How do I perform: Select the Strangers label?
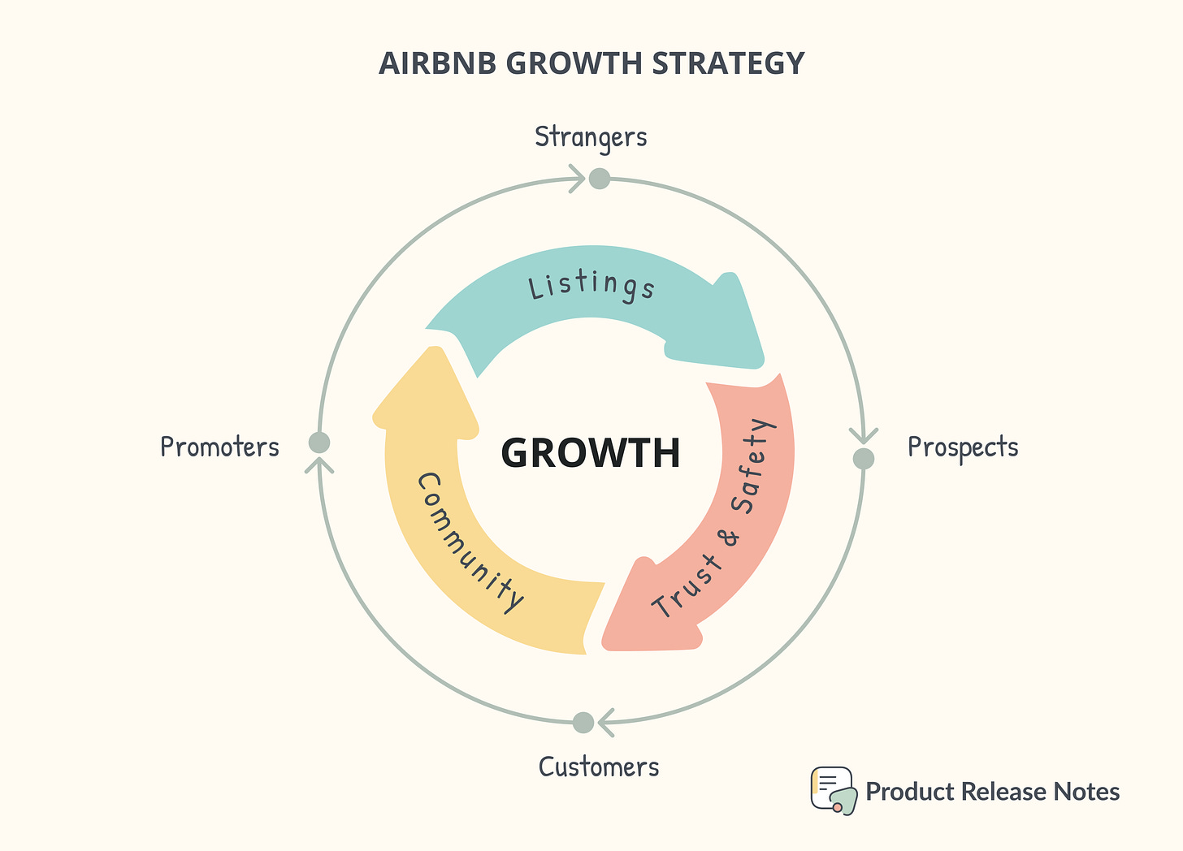pyautogui.click(x=591, y=137)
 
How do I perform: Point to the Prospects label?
pyautogui.click(x=963, y=447)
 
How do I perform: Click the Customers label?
pyautogui.click(x=599, y=767)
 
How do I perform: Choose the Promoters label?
pyautogui.click(x=219, y=447)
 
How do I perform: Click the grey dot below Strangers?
pyautogui.click(x=600, y=179)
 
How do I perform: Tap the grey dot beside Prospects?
pyautogui.click(x=864, y=459)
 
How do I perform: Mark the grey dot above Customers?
pyautogui.click(x=583, y=722)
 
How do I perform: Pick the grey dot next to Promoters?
pyautogui.click(x=319, y=443)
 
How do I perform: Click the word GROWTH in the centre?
pyautogui.click(x=591, y=453)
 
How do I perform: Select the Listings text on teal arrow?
pyautogui.click(x=591, y=286)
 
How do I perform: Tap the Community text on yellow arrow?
pyautogui.click(x=470, y=542)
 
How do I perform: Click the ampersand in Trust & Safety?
pyautogui.click(x=730, y=537)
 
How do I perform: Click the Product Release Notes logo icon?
pyautogui.click(x=833, y=790)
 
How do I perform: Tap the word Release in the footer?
pyautogui.click(x=1009, y=792)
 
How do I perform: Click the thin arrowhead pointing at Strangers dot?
pyautogui.click(x=577, y=178)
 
